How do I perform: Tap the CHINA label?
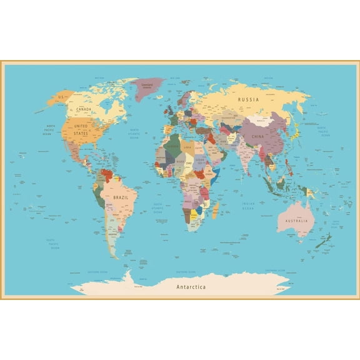coord(257,136)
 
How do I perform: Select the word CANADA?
coord(84,109)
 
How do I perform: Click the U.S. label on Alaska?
coord(61,97)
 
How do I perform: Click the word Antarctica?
coord(189,287)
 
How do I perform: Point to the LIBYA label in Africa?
coord(187,147)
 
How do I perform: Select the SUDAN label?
coord(199,159)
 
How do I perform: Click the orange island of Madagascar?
coord(216,210)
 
